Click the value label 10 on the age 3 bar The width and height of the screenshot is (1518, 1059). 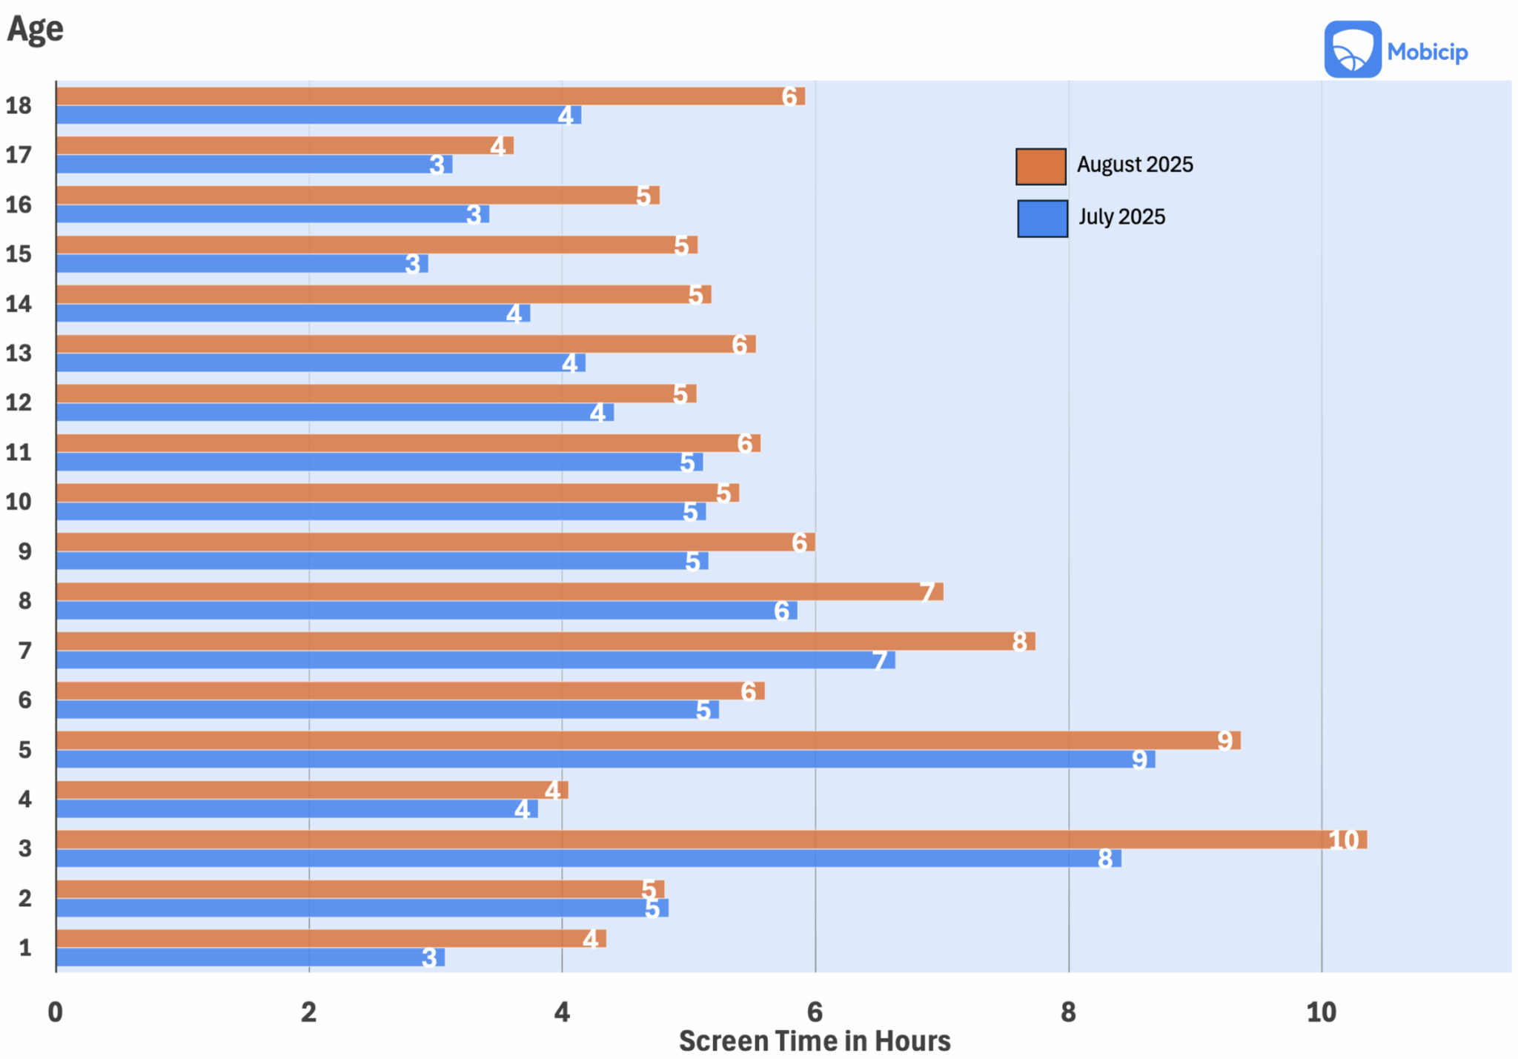pos(1343,840)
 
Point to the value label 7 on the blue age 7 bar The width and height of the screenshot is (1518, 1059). pos(880,660)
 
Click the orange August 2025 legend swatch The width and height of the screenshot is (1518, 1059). pos(1041,166)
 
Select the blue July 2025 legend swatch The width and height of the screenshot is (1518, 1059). pos(1042,219)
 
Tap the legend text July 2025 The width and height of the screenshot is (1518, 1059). pos(1121,217)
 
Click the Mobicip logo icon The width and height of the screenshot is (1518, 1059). pos(1352,50)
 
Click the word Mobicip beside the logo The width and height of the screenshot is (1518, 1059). pos(1427,52)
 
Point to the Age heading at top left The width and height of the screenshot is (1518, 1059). pos(35,30)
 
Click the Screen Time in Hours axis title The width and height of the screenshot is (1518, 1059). pos(814,1040)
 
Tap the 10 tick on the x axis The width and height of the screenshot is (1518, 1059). pos(1321,1012)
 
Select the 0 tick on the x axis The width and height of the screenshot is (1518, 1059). pos(56,1012)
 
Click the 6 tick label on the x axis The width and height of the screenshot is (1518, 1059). pos(815,1012)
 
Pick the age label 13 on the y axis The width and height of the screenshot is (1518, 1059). pos(19,353)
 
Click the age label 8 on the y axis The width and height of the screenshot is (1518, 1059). pos(24,601)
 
